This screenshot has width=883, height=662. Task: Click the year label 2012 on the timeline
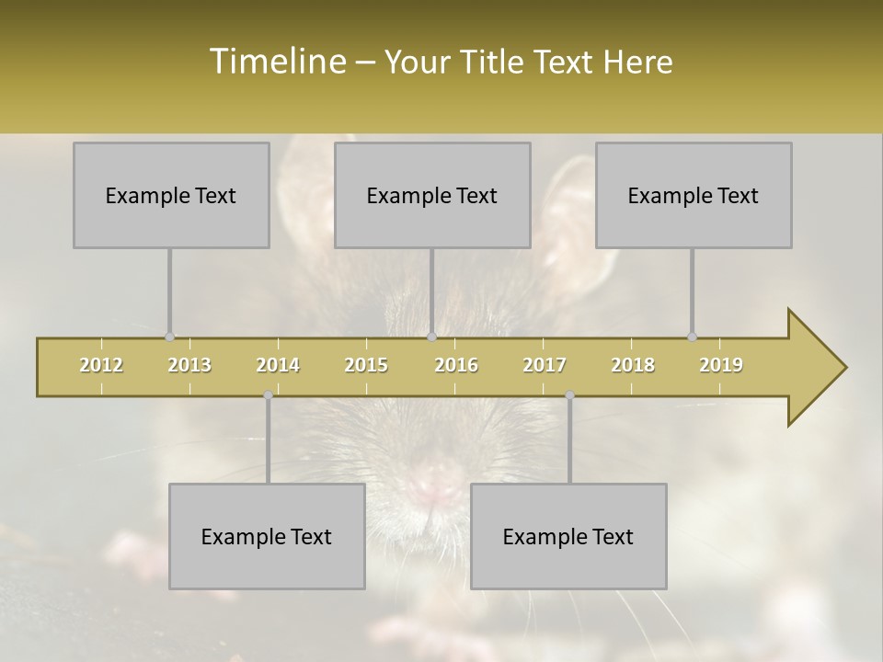(x=101, y=365)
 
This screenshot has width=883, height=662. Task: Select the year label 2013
(x=189, y=365)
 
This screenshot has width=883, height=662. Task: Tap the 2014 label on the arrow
(x=278, y=365)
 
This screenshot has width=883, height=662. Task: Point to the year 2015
(x=366, y=365)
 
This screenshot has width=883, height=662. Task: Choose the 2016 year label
(x=456, y=365)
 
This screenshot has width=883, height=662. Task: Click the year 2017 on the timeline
(x=545, y=365)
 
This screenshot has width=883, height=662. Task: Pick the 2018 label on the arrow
(x=633, y=365)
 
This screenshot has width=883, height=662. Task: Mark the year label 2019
(x=721, y=365)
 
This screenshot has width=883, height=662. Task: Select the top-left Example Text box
(x=171, y=196)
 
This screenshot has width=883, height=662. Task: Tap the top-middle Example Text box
(x=432, y=196)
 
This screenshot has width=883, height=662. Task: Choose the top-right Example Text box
(x=694, y=196)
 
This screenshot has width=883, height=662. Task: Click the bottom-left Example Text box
(x=267, y=537)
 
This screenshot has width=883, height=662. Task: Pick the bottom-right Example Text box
(x=568, y=537)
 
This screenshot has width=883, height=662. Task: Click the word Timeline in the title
(x=276, y=62)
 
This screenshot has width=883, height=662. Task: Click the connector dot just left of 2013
(x=169, y=337)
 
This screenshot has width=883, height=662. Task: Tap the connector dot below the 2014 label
(x=268, y=394)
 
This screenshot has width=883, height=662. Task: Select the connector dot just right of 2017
(x=569, y=394)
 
